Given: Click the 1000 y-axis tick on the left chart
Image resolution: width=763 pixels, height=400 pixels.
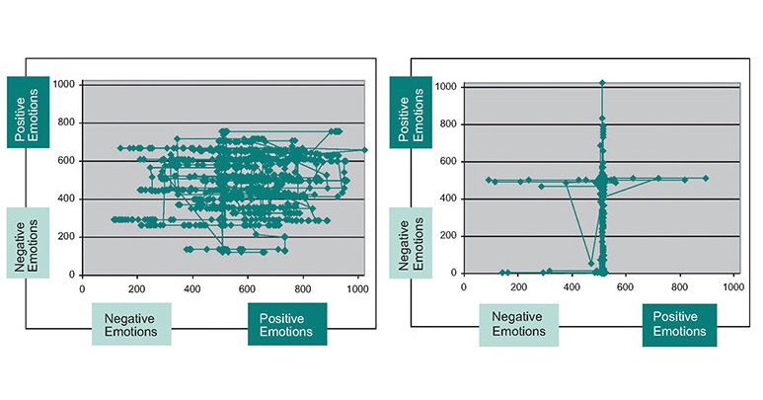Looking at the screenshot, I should pos(64,85).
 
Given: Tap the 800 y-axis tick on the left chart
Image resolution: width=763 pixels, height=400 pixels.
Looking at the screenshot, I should pos(66,123).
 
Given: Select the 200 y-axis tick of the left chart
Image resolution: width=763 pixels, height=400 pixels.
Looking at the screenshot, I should pos(66,237).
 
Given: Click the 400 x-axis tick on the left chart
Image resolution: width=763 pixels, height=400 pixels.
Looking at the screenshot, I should pos(192,288).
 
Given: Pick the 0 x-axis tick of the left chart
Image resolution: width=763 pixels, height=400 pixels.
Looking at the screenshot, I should pos(83,288).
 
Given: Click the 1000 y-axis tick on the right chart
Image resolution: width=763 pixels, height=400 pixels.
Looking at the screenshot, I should pos(447,87).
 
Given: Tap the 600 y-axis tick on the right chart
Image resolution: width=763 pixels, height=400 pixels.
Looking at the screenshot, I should pos(450,162).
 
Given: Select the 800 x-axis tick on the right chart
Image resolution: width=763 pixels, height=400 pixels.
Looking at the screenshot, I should pos(679,286).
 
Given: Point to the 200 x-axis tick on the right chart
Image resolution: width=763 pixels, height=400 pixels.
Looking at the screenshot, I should pos(518,286).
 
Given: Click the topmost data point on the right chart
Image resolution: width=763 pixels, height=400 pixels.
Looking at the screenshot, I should pos(602,83).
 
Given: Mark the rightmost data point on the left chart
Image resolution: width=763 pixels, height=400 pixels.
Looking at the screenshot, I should pos(364,150).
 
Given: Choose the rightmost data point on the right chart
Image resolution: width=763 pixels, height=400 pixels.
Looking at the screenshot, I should pos(706,178).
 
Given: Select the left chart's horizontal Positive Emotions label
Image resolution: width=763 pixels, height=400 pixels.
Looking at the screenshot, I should pos(286,324).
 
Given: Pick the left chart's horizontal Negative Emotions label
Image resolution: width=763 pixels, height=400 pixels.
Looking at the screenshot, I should pos(131,324).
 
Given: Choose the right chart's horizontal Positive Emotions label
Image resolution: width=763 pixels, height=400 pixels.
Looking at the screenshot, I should pos(680,324).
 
